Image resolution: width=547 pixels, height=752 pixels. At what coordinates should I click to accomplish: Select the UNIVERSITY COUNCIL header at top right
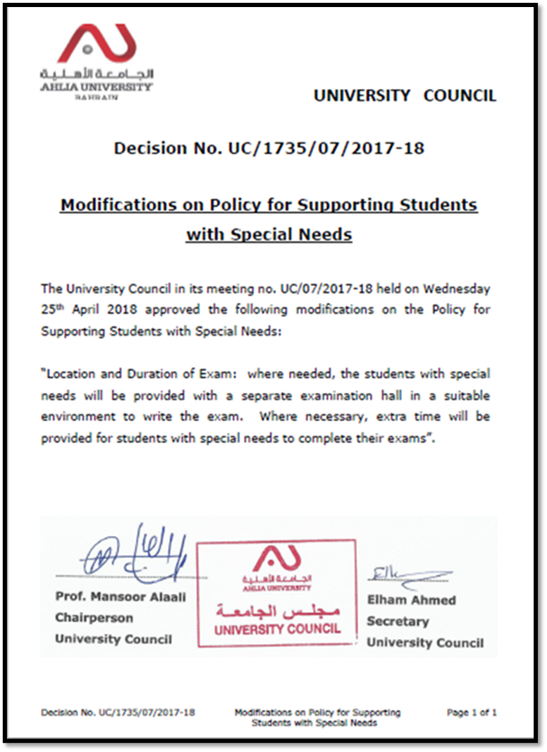(405, 95)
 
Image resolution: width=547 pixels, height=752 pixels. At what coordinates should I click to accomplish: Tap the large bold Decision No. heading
(269, 148)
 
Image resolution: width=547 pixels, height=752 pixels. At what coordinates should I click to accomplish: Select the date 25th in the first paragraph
(53, 310)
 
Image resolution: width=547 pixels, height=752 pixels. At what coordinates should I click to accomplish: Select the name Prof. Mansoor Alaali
(121, 597)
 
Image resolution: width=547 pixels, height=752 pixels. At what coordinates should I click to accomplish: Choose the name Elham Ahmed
(411, 600)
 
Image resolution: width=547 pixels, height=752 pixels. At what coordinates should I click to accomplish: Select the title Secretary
(398, 621)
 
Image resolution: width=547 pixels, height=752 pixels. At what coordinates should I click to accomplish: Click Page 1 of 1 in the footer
(471, 712)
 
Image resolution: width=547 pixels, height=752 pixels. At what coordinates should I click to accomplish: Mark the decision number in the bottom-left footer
(118, 712)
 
